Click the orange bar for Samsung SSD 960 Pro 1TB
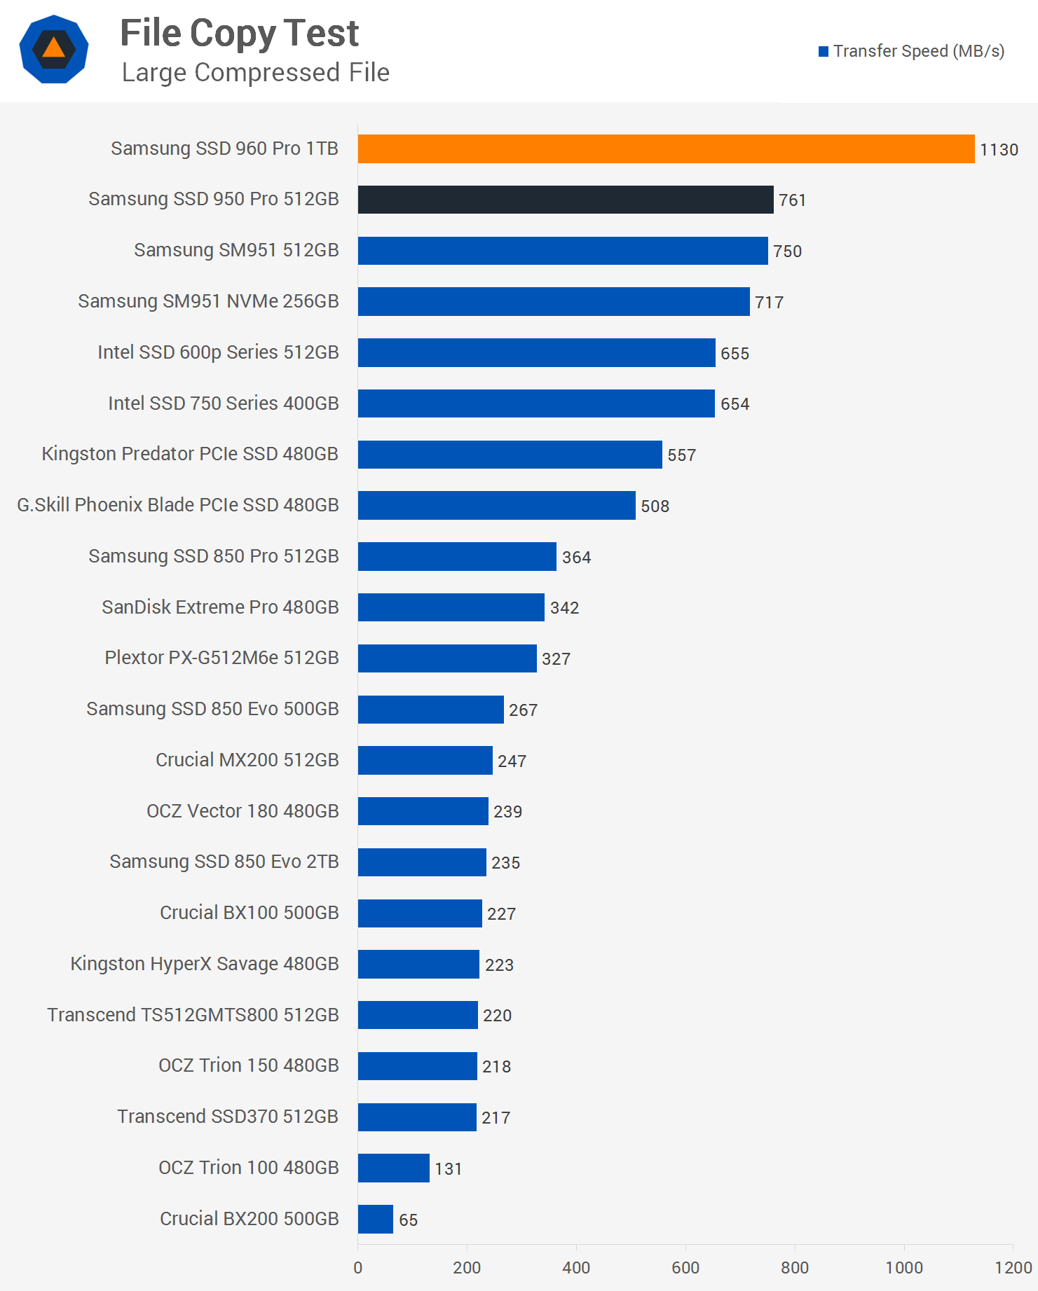[x=666, y=149]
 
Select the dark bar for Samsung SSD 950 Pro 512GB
[x=566, y=200]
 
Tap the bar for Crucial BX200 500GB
[x=376, y=1219]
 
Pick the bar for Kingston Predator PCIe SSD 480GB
[x=510, y=455]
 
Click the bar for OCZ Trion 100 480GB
[x=393, y=1168]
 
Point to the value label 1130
[x=999, y=150]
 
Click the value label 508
[x=655, y=506]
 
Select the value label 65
[x=408, y=1220]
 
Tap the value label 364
[x=576, y=558]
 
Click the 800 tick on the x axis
[x=795, y=1267]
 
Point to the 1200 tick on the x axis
[x=1013, y=1267]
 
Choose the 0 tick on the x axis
[x=358, y=1267]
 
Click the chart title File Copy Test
[x=239, y=34]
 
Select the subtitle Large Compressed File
[x=255, y=72]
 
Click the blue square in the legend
[x=824, y=51]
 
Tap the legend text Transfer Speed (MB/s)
[x=918, y=51]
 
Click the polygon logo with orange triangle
[x=54, y=49]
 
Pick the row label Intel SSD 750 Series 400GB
[x=223, y=403]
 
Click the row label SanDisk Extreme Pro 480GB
[x=220, y=607]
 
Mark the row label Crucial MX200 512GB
[x=247, y=760]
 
